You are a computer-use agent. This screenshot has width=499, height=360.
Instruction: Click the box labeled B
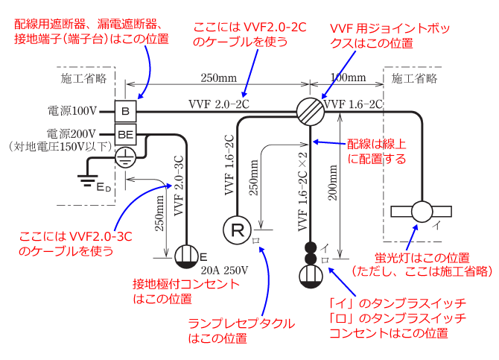pos(124,112)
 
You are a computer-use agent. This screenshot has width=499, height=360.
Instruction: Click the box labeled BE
pos(124,134)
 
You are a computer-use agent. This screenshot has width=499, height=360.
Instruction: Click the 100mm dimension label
pos(348,78)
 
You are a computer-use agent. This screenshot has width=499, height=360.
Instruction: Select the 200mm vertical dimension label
pos(333,186)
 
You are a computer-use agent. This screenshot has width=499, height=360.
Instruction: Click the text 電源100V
pos(71,112)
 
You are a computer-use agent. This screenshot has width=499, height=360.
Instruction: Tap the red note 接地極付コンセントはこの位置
pos(186,292)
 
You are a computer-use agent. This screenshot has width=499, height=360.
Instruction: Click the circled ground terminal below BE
pos(126,155)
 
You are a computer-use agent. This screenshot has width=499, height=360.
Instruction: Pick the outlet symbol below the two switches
pos(310,277)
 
